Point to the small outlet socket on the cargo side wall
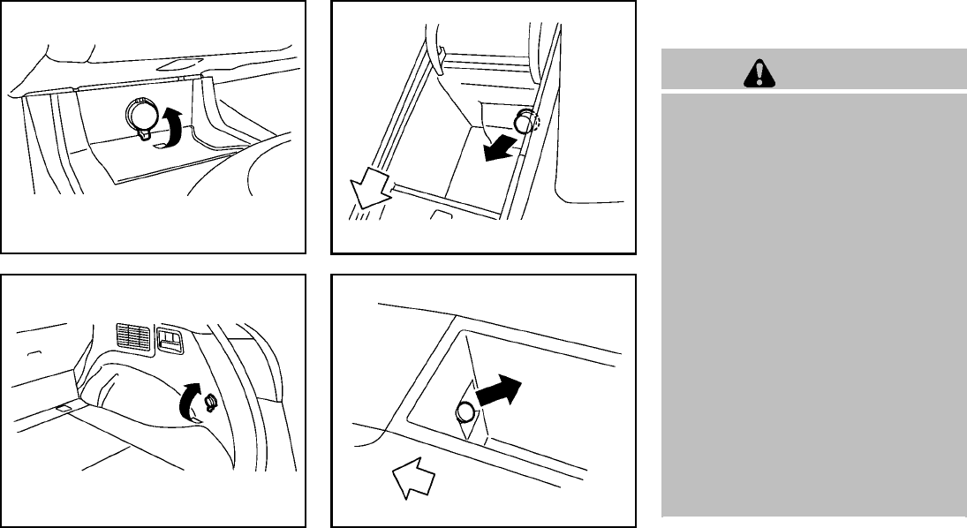[210, 403]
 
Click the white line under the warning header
[812, 91]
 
